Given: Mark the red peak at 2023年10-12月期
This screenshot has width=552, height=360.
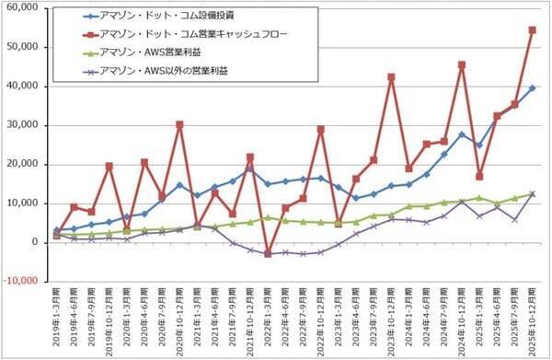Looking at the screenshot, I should tap(392, 77).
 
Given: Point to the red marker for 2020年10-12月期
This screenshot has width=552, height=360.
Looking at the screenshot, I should tap(179, 124).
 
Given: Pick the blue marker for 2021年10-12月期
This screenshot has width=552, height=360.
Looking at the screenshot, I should tap(250, 168).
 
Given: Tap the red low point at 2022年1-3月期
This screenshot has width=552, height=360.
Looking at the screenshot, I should tap(268, 253).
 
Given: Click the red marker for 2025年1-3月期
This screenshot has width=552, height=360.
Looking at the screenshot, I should tap(479, 176).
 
